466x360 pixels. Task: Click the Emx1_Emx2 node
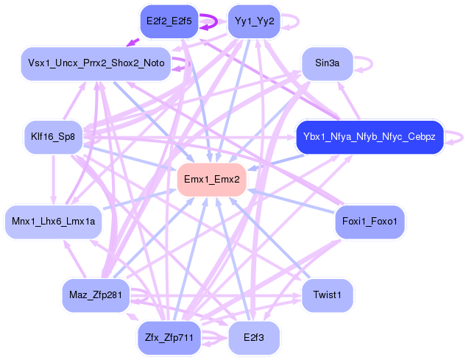[x=211, y=180]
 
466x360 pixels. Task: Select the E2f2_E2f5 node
[x=169, y=21]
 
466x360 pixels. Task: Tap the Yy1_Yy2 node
[x=254, y=21]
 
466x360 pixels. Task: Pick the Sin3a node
[x=327, y=63]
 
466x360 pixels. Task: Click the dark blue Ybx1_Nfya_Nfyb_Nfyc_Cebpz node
[x=369, y=137]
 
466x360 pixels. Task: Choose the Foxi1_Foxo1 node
[x=370, y=221]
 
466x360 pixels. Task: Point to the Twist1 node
[x=327, y=294]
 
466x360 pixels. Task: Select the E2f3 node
[x=254, y=337]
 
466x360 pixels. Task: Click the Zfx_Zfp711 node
[x=169, y=337]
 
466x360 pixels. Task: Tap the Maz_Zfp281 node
[x=96, y=295]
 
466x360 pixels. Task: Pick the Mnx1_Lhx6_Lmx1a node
[x=54, y=221]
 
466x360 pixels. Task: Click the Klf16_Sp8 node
[x=54, y=137]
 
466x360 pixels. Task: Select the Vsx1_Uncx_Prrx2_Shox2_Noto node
[x=96, y=63]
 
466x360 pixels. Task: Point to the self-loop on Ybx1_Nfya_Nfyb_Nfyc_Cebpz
[x=458, y=137]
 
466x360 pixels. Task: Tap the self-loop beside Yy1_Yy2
[x=293, y=21]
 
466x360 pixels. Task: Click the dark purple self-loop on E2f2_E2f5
[x=209, y=22]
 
